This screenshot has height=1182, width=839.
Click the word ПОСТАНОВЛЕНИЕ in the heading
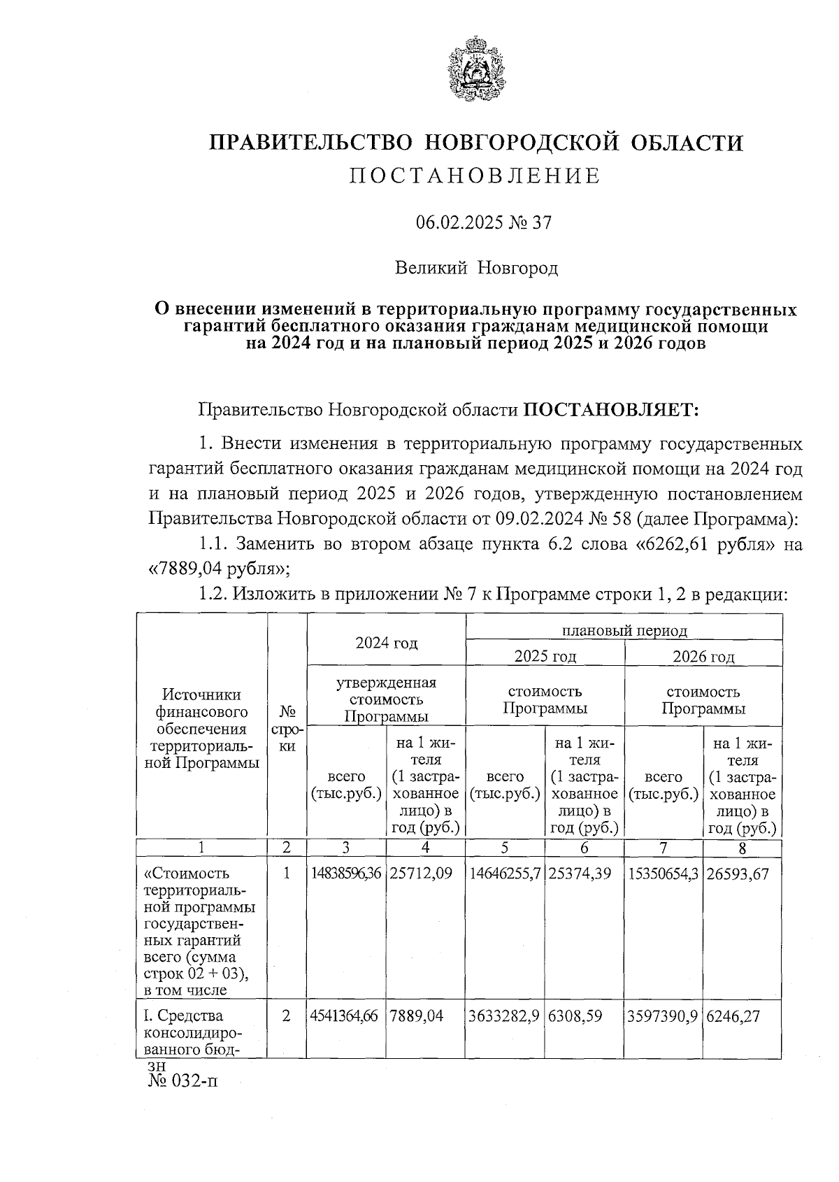click(x=475, y=176)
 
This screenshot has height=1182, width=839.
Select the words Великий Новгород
click(x=476, y=268)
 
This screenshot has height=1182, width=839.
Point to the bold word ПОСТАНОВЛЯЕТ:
click(x=612, y=409)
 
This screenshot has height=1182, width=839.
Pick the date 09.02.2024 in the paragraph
click(x=536, y=518)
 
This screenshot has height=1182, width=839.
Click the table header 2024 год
click(x=386, y=643)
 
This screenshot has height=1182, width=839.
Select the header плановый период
click(x=624, y=630)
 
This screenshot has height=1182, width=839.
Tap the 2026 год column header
click(x=703, y=656)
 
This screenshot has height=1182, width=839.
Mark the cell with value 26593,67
click(x=741, y=874)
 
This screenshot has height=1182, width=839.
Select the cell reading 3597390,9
click(x=664, y=1016)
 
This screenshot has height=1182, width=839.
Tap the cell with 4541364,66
click(x=345, y=1016)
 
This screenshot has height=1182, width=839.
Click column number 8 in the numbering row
click(x=742, y=848)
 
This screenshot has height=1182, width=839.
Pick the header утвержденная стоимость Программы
click(x=386, y=699)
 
